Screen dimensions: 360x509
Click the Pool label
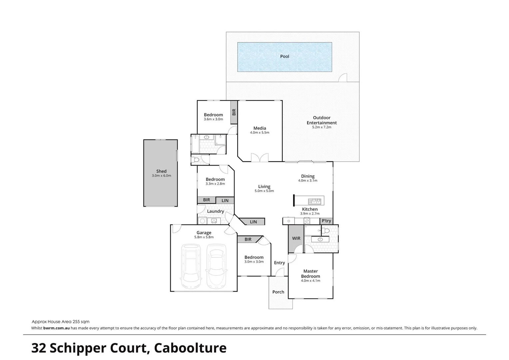pos(284,56)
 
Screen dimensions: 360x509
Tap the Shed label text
pos(161,171)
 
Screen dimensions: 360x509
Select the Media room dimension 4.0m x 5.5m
pos(259,133)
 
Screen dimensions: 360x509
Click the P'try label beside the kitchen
pos(326,221)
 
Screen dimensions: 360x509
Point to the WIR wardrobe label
pos(296,238)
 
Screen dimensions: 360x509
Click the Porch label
pos(278,292)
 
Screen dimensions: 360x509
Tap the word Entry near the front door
pos(279,263)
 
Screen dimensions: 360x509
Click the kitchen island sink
pos(315,201)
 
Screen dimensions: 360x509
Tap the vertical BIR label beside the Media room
pos(234,112)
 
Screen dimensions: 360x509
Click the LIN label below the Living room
pos(253,222)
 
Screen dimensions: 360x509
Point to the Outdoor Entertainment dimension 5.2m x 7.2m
pos(321,127)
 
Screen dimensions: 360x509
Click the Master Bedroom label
pos(310,274)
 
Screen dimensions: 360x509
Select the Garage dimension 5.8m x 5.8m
pos(204,237)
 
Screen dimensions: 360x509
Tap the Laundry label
pos(215,211)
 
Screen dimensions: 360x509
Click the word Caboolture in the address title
pos(190,348)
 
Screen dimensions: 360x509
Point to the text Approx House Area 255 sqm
pos(61,322)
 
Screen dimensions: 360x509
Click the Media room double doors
pos(259,158)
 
